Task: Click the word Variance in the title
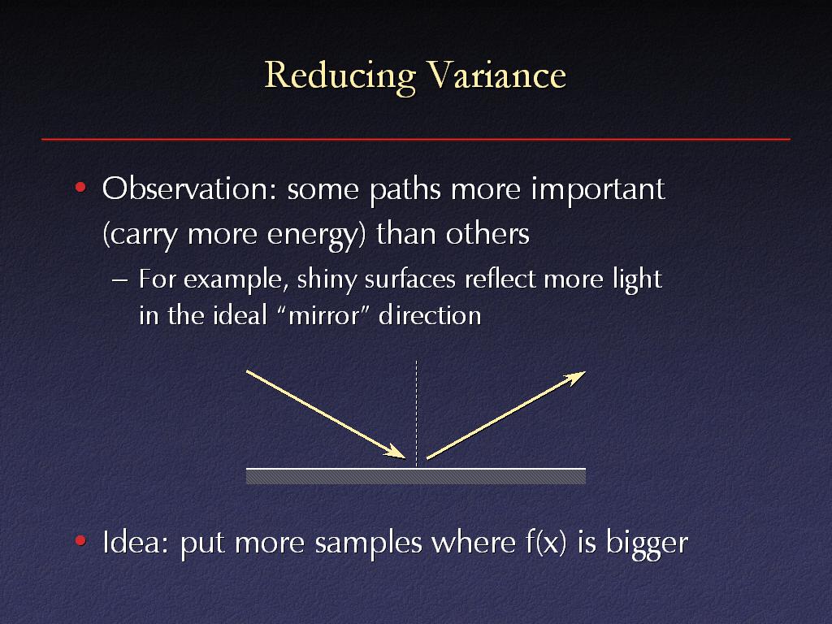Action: click(x=496, y=74)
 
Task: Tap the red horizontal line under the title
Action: click(x=416, y=139)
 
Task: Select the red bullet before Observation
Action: click(x=80, y=188)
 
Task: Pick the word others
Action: click(x=487, y=233)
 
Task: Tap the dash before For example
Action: click(x=120, y=279)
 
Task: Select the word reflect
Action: click(x=500, y=279)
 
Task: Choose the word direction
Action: click(x=430, y=315)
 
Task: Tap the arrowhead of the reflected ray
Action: click(x=574, y=378)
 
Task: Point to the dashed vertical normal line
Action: click(x=417, y=414)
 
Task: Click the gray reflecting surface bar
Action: click(x=416, y=476)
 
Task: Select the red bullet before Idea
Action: click(x=80, y=540)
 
